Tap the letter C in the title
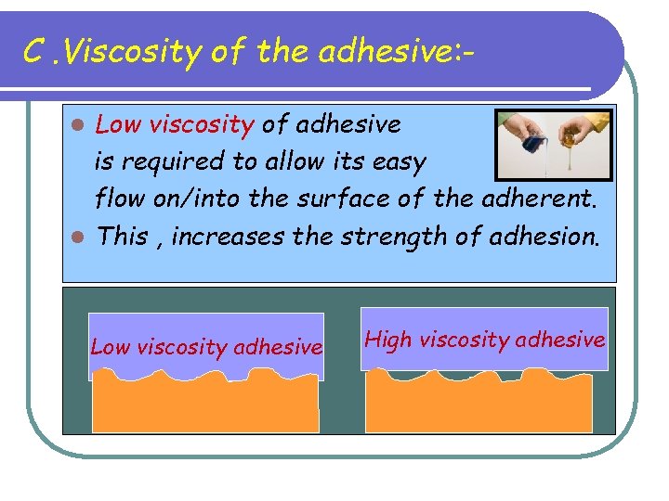[x=34, y=52]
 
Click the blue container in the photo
[x=535, y=144]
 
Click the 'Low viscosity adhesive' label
[x=206, y=347]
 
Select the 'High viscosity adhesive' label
[x=484, y=340]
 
